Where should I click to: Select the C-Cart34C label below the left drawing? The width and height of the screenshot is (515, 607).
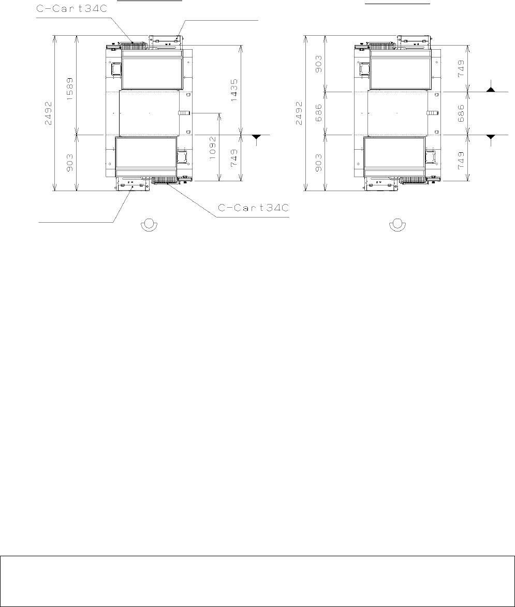pyautogui.click(x=254, y=208)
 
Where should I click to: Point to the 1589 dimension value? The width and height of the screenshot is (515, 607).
pyautogui.click(x=70, y=90)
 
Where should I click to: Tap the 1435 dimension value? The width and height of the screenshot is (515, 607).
pyautogui.click(x=234, y=90)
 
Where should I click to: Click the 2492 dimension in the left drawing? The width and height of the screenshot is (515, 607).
pyautogui.click(x=48, y=113)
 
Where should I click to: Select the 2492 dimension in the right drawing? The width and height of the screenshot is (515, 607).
pyautogui.click(x=298, y=113)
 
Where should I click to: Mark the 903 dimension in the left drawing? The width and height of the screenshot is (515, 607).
pyautogui.click(x=70, y=163)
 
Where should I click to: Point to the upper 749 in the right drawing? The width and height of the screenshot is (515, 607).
pyautogui.click(x=461, y=68)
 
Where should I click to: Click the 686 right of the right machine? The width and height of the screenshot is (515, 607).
pyautogui.click(x=461, y=113)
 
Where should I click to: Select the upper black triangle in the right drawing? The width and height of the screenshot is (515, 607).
pyautogui.click(x=491, y=90)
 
